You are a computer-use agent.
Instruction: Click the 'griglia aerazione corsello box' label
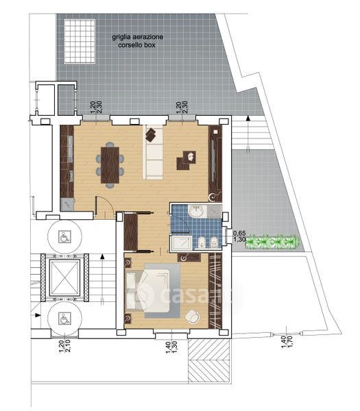tap(138, 41)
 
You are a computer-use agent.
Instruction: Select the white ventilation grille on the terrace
tap(80, 41)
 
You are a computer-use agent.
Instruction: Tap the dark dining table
tap(110, 165)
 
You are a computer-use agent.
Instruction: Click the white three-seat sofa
tap(153, 152)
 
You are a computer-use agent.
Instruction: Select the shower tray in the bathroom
tap(181, 242)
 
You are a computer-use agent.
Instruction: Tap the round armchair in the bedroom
tap(193, 316)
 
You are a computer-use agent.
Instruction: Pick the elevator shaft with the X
tap(64, 277)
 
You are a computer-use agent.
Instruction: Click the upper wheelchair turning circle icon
tap(64, 237)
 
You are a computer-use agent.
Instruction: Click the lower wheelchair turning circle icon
tap(64, 318)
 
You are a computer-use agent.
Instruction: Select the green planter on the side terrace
tap(272, 242)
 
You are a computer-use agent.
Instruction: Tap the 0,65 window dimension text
tap(239, 232)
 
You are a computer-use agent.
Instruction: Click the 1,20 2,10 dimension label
tap(65, 347)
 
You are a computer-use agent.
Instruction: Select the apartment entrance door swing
tap(105, 206)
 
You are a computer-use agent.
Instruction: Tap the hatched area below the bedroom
tap(209, 360)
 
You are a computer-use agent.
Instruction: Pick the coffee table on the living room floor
tap(186, 160)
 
